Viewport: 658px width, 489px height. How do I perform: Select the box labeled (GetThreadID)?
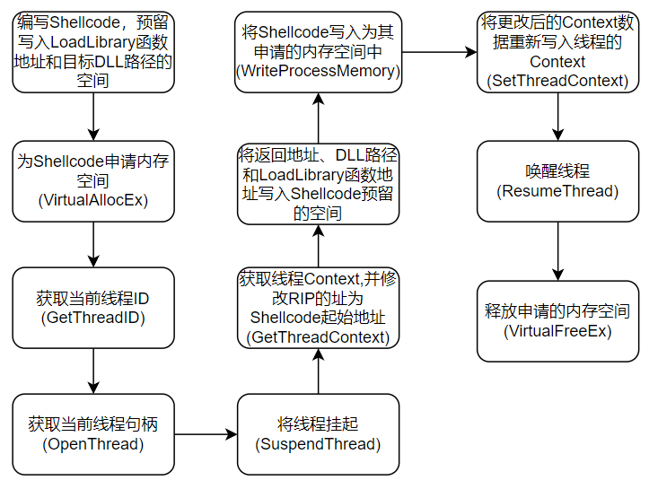click(93, 307)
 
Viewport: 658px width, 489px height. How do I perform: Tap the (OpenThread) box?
click(93, 433)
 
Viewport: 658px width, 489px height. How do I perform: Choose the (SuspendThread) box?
click(319, 433)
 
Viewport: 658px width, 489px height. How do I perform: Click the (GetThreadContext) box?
click(319, 307)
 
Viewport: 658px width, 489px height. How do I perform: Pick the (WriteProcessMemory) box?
click(319, 51)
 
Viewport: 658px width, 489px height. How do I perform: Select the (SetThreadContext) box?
click(557, 51)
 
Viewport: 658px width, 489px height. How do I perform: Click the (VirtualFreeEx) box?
click(557, 321)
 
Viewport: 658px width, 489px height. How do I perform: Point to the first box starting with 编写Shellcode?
click(93, 51)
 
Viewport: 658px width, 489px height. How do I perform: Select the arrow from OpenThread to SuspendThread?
click(206, 434)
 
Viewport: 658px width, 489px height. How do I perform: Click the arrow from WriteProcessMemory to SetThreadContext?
click(439, 52)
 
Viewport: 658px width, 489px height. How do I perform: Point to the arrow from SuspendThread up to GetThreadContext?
click(319, 370)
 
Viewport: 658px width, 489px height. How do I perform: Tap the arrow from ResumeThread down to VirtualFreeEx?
click(558, 250)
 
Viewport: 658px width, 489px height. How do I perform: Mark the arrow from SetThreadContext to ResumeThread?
click(558, 116)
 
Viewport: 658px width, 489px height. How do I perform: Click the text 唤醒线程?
click(557, 170)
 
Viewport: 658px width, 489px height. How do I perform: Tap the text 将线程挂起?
click(319, 424)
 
